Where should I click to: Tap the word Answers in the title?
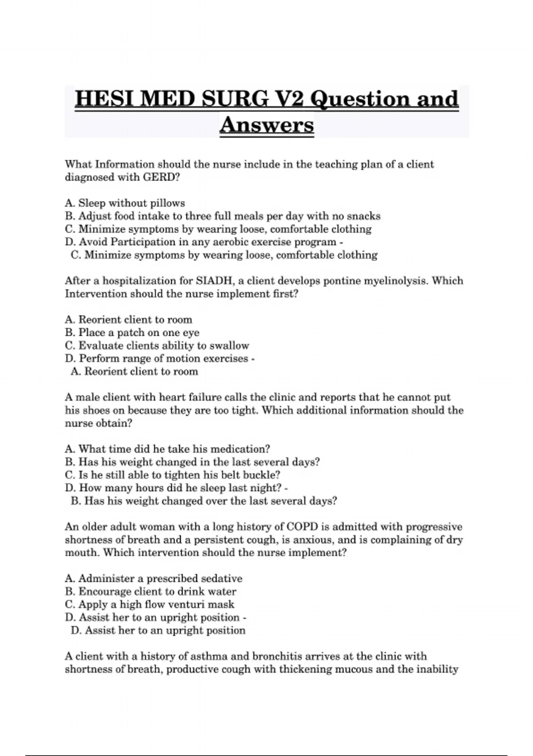(266, 125)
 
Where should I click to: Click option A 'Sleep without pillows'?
(125, 203)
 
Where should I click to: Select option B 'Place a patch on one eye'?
(132, 333)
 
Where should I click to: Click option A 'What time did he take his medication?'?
(167, 449)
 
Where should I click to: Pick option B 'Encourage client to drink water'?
(151, 591)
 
